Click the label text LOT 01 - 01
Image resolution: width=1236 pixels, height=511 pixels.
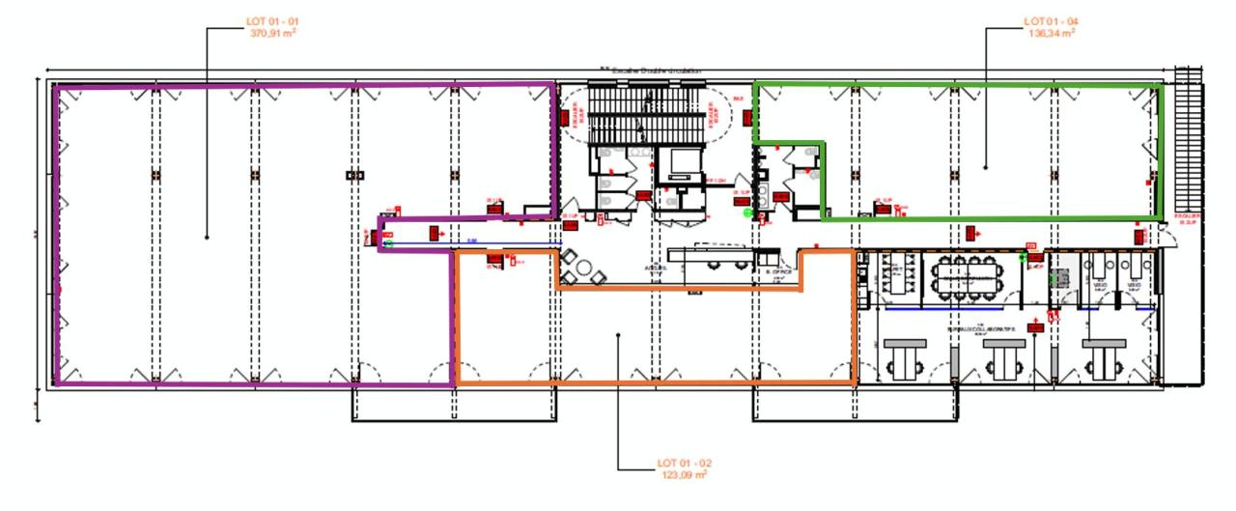(273, 20)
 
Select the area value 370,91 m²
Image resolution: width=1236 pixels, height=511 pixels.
(273, 32)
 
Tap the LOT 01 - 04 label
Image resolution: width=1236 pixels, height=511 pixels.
(1051, 20)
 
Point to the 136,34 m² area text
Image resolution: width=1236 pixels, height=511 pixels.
(1051, 32)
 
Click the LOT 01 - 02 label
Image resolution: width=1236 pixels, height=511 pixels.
(684, 464)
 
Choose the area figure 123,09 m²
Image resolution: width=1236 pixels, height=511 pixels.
(684, 475)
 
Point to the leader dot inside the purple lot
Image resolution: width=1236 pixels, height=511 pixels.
(207, 237)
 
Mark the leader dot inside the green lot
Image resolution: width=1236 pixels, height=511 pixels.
(986, 167)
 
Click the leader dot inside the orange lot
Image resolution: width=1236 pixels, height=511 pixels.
(619, 336)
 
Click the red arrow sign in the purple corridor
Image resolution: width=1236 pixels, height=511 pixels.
(435, 232)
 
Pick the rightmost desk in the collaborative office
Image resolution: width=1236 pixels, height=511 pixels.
(1104, 358)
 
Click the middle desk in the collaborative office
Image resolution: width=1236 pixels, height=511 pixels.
(1002, 358)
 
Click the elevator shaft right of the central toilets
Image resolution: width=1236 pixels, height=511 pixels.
(675, 166)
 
